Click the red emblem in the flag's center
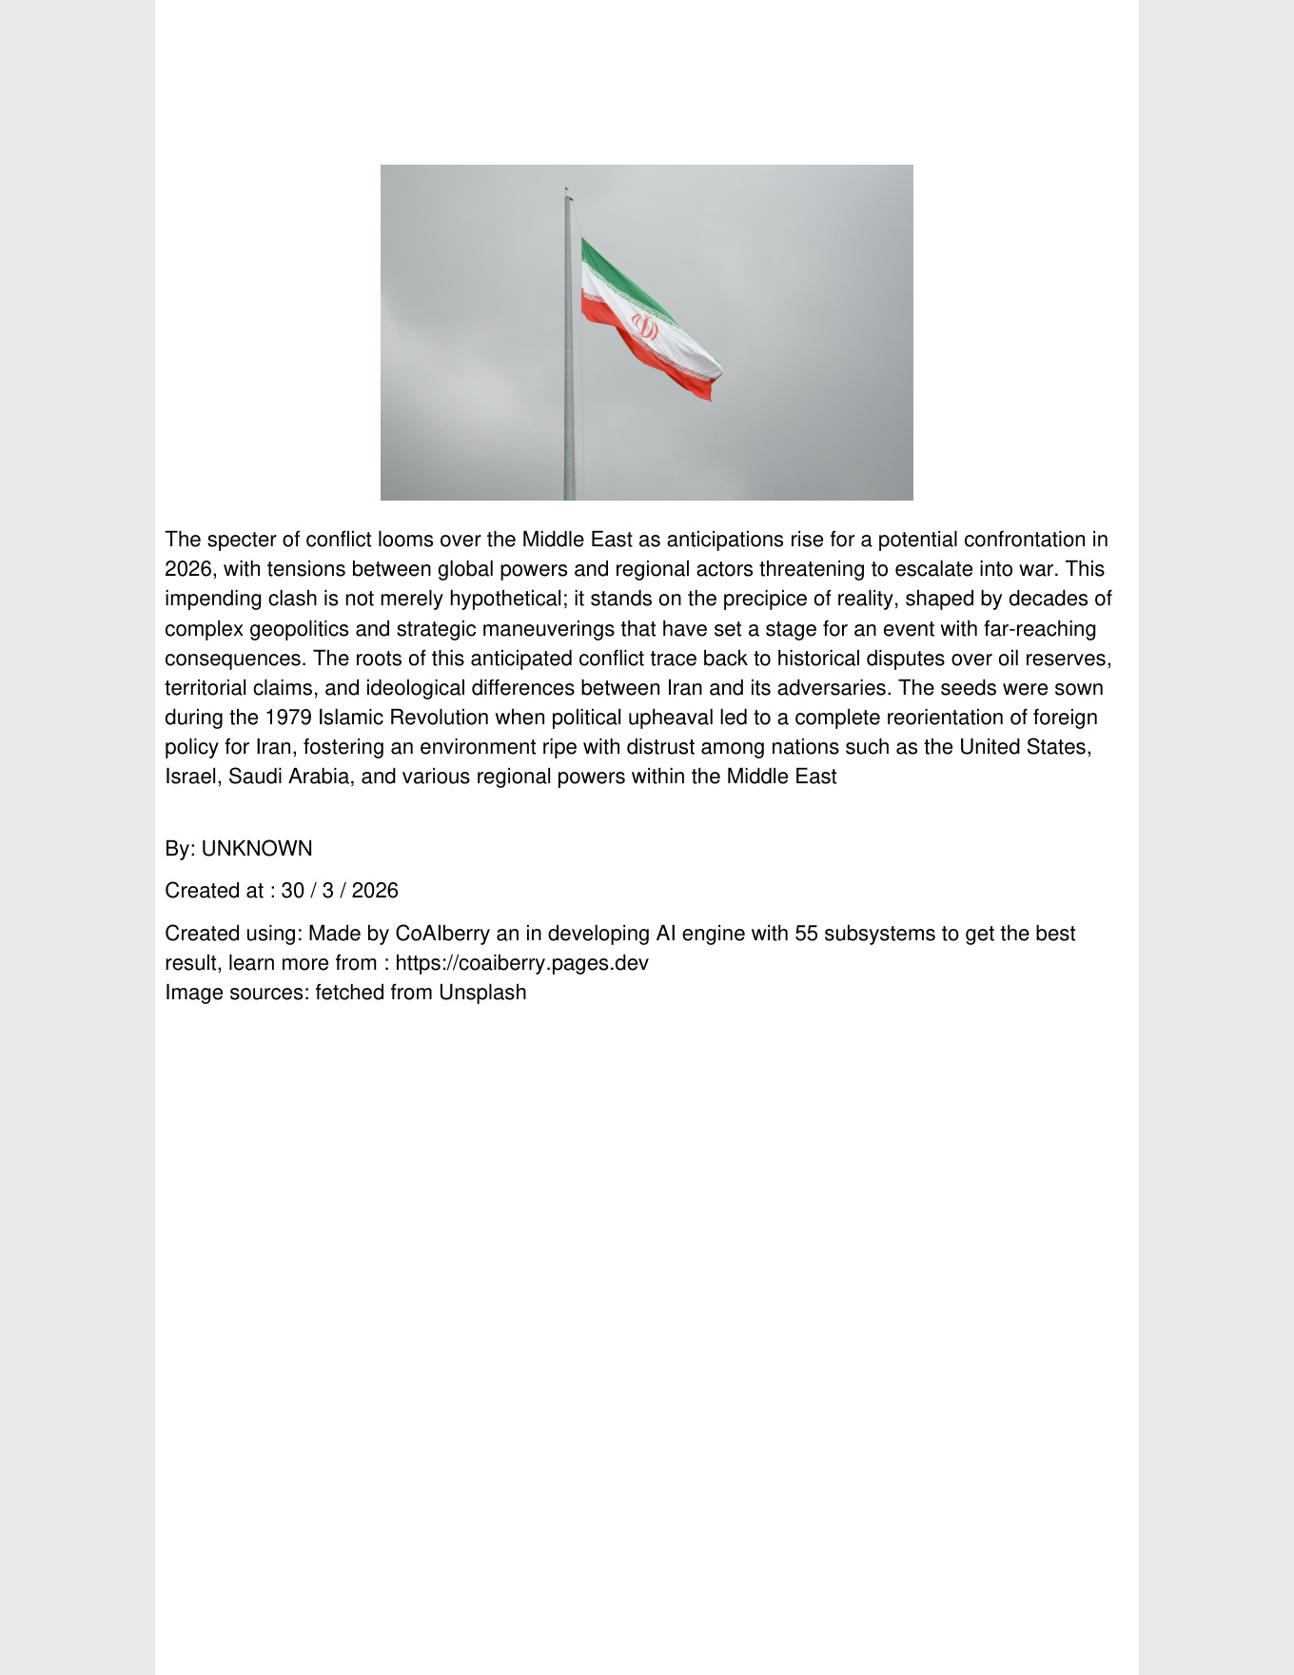[x=645, y=329]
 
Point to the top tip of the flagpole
[x=566, y=189]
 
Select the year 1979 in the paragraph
[x=288, y=718]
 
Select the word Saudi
[x=255, y=777]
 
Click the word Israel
[x=190, y=777]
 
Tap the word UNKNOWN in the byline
[x=257, y=849]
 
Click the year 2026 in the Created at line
[x=375, y=891]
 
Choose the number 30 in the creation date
[x=292, y=891]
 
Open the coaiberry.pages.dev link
[x=521, y=963]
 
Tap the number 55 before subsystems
[x=807, y=934]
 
